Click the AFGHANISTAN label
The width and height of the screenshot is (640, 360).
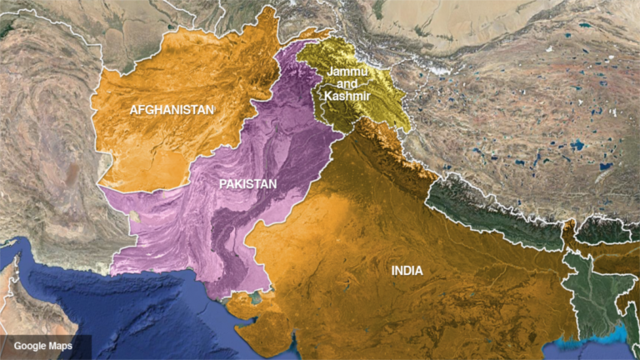coord(171,109)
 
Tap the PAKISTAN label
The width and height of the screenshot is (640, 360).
coord(247,183)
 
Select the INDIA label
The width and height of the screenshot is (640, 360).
coord(407,270)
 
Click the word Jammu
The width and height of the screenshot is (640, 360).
coord(346,72)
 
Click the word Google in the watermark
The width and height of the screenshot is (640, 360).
coord(29,346)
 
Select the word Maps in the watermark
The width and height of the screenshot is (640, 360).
coord(59,346)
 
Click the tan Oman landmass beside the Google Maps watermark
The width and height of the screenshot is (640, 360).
coord(25,308)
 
